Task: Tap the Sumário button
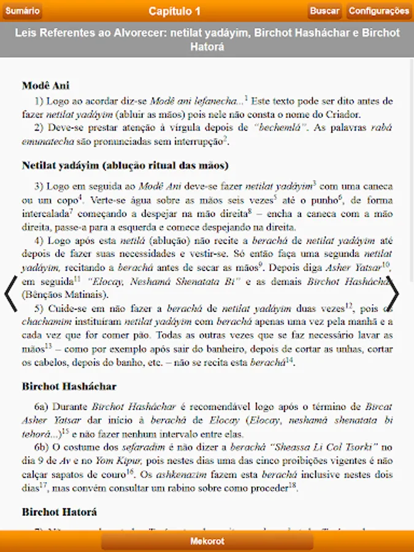click(23, 11)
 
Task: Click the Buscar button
click(324, 11)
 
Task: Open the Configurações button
click(378, 11)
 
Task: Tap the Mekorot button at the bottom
click(207, 542)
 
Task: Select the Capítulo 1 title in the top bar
click(174, 11)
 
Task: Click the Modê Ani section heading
click(45, 86)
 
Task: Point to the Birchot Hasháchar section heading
click(69, 386)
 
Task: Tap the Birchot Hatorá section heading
click(59, 512)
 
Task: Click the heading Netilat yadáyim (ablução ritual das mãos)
click(125, 166)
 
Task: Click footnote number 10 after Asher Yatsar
click(386, 264)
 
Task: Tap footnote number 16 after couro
click(130, 472)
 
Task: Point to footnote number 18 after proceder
click(293, 485)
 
